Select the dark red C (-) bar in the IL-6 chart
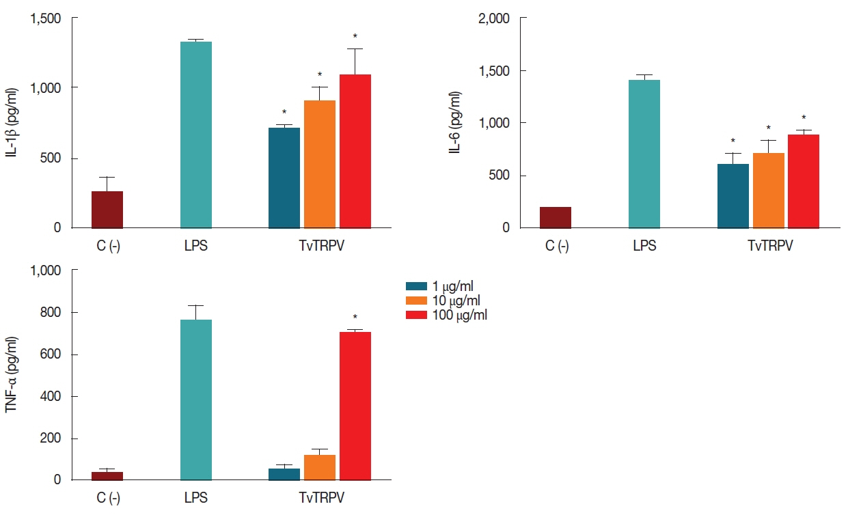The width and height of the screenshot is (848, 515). [555, 217]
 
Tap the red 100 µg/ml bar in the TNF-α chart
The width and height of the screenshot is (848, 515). [355, 406]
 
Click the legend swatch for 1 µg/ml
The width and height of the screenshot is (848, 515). [416, 286]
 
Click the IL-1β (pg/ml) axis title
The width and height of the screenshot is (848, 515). [12, 122]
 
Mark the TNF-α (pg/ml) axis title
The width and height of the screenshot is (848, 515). [12, 375]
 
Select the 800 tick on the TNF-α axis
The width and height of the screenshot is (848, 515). [51, 313]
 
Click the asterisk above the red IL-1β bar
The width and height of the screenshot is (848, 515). [355, 37]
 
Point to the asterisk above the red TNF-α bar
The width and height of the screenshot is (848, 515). [355, 318]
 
